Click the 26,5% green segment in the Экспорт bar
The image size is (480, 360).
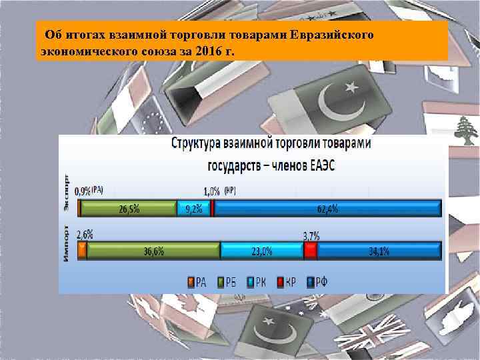[x=129, y=209]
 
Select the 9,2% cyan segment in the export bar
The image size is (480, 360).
[x=193, y=209]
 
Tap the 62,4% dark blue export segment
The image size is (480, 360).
[x=327, y=209]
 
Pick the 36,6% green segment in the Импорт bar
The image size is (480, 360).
[x=153, y=251]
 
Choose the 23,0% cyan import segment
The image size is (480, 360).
[x=261, y=251]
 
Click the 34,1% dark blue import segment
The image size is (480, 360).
[x=379, y=251]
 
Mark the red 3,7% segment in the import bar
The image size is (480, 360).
[x=310, y=251]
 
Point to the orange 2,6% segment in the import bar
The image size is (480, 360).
[x=82, y=251]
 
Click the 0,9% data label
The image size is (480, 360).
[x=83, y=191]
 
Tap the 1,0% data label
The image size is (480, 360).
[x=212, y=191]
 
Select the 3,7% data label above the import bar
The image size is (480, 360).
[x=311, y=235]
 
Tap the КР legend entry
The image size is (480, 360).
[x=287, y=281]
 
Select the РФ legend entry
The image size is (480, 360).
[x=317, y=281]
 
